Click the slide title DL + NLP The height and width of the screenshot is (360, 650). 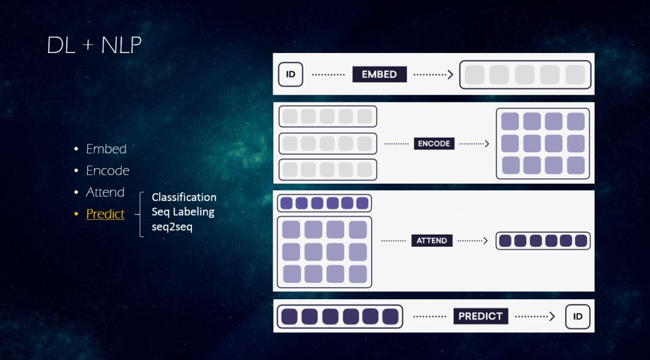(94, 45)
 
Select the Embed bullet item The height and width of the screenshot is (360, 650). (106, 149)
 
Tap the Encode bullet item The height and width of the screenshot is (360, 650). (108, 170)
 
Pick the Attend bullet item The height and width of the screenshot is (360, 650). (105, 192)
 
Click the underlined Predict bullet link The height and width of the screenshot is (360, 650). (105, 214)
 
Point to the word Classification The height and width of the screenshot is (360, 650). (184, 197)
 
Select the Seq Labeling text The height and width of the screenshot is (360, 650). (183, 212)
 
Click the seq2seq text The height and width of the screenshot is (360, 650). (172, 227)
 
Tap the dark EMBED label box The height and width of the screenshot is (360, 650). (379, 74)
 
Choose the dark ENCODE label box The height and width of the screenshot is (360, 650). (434, 144)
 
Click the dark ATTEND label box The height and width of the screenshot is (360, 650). (432, 241)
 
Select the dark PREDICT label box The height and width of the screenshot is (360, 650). (480, 316)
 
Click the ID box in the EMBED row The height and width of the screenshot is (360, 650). (291, 74)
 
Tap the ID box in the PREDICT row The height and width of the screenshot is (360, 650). (578, 317)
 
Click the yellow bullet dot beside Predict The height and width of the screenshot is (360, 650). (76, 214)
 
